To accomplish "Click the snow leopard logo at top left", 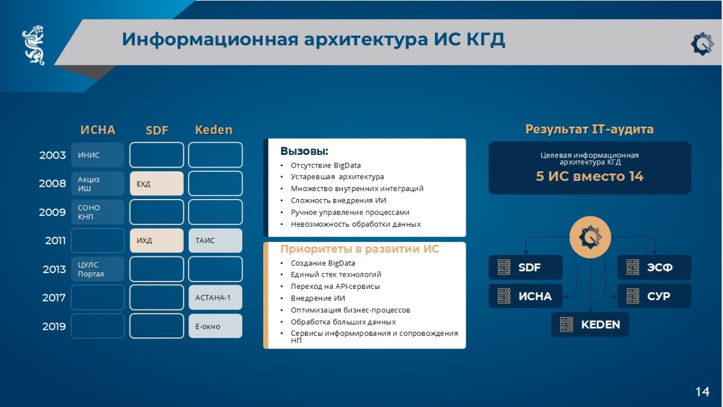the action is (34, 45).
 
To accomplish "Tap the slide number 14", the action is (703, 392).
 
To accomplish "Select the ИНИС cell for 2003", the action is (98, 155).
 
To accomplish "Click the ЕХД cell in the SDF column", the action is (157, 183).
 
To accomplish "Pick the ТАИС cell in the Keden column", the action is (215, 241).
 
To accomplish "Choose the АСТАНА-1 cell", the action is (215, 297).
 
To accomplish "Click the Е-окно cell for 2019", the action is (215, 326).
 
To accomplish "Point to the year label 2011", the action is (55, 241).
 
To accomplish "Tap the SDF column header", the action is (157, 130).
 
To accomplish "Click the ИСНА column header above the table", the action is (98, 130).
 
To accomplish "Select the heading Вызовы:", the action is (304, 151).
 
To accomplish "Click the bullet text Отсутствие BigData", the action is (326, 165).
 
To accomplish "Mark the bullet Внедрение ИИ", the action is (318, 298).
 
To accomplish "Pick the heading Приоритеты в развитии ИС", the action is (360, 249).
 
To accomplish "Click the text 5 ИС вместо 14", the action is (590, 176).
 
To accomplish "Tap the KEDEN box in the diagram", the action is (590, 324).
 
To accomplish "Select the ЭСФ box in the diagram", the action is (654, 268).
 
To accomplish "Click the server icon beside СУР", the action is (633, 296).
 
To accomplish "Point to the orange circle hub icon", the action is (590, 237).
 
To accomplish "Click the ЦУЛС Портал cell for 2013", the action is (98, 269).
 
